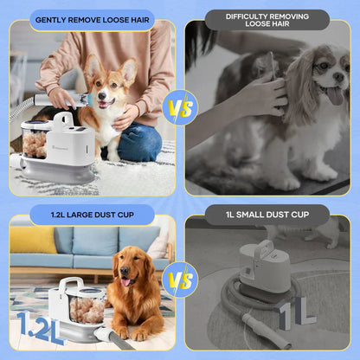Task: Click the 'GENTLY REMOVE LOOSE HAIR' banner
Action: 89,19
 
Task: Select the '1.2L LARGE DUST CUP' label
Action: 91,215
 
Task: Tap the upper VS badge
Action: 181,109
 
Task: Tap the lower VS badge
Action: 181,281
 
